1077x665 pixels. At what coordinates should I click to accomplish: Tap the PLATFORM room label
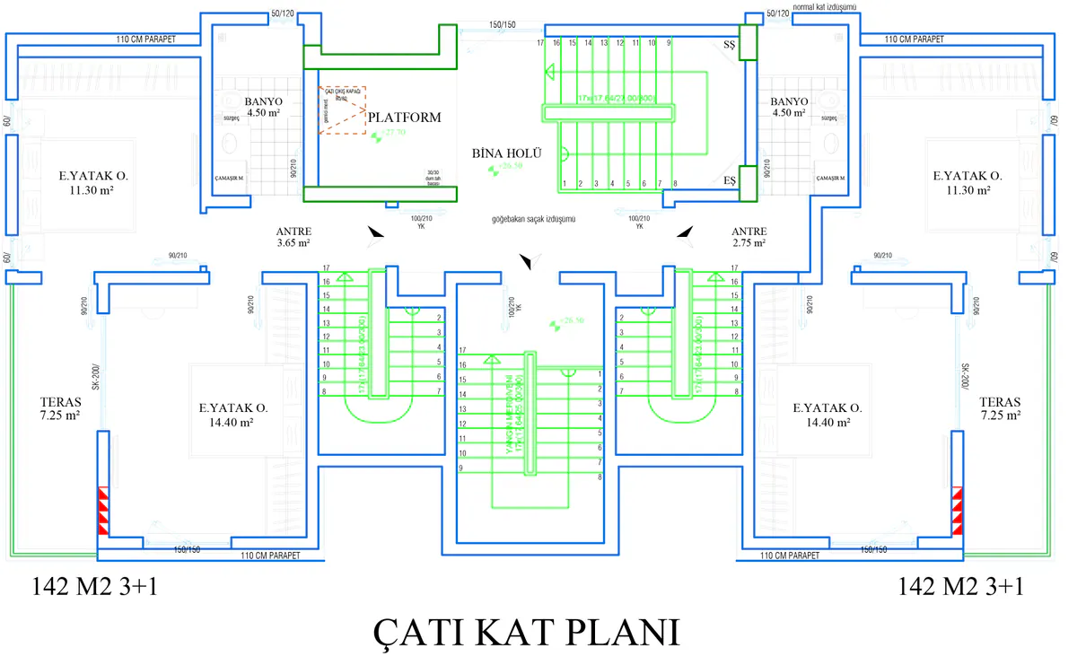pyautogui.click(x=404, y=117)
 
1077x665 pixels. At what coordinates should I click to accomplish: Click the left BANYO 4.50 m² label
pyautogui.click(x=262, y=107)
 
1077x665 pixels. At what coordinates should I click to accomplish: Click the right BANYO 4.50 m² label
pyautogui.click(x=790, y=107)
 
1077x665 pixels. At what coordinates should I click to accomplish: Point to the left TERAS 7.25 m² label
pyautogui.click(x=60, y=408)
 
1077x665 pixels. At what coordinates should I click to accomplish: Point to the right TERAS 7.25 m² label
pyautogui.click(x=1001, y=408)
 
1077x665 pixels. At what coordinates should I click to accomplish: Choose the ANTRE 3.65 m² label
pyautogui.click(x=293, y=236)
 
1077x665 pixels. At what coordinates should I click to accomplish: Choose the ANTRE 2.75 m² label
pyautogui.click(x=749, y=236)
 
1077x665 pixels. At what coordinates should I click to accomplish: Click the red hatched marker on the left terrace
pyautogui.click(x=103, y=512)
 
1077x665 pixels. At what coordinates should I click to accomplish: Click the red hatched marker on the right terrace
pyautogui.click(x=958, y=512)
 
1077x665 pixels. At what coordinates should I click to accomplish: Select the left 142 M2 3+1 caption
pyautogui.click(x=95, y=587)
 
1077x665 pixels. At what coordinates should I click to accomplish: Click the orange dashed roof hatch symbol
pyautogui.click(x=342, y=110)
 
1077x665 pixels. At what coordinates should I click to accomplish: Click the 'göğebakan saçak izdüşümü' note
pyautogui.click(x=533, y=219)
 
